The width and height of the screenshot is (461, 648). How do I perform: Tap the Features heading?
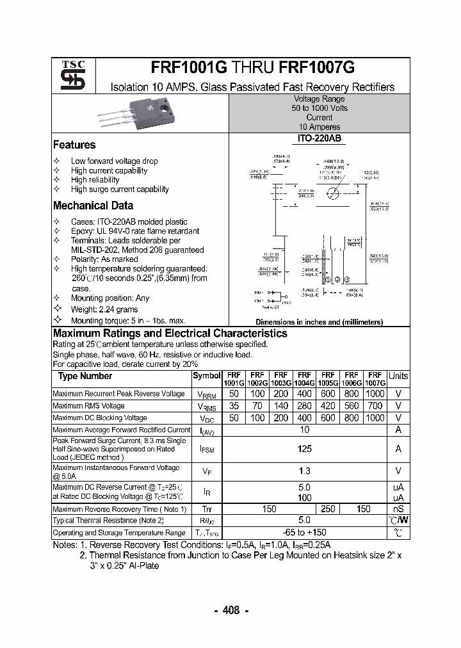click(74, 145)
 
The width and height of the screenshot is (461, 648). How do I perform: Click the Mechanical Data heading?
click(93, 206)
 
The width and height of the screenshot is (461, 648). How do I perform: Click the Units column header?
click(398, 376)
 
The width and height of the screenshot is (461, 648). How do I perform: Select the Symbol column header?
click(206, 376)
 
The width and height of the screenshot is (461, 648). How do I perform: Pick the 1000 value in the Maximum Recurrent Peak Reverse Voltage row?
click(375, 394)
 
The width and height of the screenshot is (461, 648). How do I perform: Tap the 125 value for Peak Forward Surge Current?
click(305, 449)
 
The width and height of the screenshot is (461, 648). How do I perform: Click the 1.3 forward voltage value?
click(305, 471)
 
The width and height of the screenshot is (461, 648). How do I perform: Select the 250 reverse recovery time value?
click(328, 509)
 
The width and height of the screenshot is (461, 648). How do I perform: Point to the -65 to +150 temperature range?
click(305, 532)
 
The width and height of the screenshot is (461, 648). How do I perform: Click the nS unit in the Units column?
click(398, 509)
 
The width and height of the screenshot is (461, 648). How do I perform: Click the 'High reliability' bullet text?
click(95, 180)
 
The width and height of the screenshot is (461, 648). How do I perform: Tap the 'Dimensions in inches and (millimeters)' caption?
click(319, 322)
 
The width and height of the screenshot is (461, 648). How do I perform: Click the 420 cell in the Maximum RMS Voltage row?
click(328, 406)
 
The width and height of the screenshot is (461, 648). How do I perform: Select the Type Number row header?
click(85, 376)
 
